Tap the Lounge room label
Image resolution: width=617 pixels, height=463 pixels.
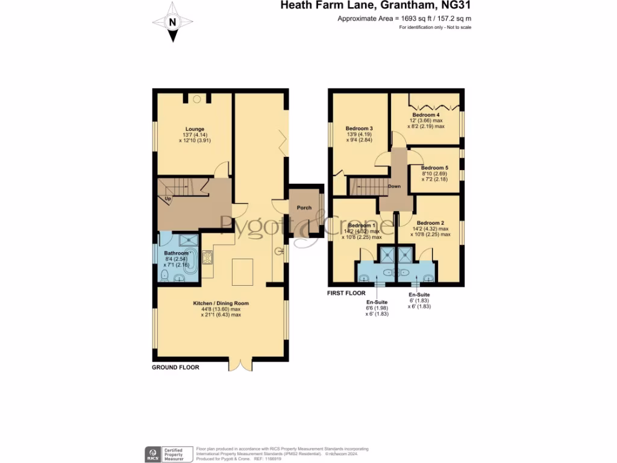(195, 129)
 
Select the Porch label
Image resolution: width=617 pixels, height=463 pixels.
(304, 208)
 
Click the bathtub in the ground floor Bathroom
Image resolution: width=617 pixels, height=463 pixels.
(190, 261)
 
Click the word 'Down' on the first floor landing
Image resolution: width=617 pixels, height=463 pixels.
(394, 186)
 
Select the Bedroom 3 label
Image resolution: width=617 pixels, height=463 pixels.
(359, 128)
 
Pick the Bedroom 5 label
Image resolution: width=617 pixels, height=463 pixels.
(434, 168)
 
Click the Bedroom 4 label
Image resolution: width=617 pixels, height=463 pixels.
(426, 115)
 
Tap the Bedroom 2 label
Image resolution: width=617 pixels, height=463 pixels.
(430, 222)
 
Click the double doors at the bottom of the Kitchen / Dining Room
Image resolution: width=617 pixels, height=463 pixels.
(240, 364)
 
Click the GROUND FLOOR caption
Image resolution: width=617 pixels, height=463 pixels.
(175, 367)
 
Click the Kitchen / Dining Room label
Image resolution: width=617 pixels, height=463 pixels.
(221, 303)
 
